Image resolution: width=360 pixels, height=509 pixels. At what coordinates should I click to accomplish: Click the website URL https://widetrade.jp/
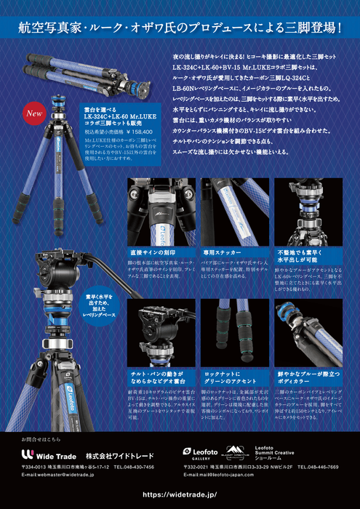click(x=180, y=494)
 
